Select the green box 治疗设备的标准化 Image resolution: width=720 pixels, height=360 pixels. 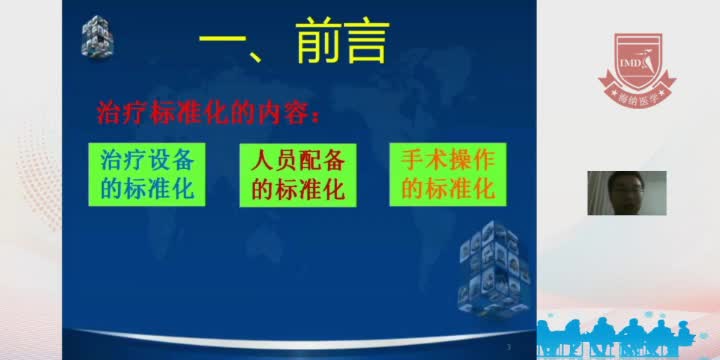pyautogui.click(x=147, y=174)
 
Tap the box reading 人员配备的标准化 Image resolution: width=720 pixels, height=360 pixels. pyautogui.click(x=298, y=174)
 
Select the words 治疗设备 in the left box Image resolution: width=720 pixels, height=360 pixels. pyautogui.click(x=147, y=160)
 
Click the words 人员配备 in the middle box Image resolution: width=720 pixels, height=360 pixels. pyautogui.click(x=298, y=160)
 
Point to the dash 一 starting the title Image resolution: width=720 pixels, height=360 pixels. pyautogui.click(x=226, y=46)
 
